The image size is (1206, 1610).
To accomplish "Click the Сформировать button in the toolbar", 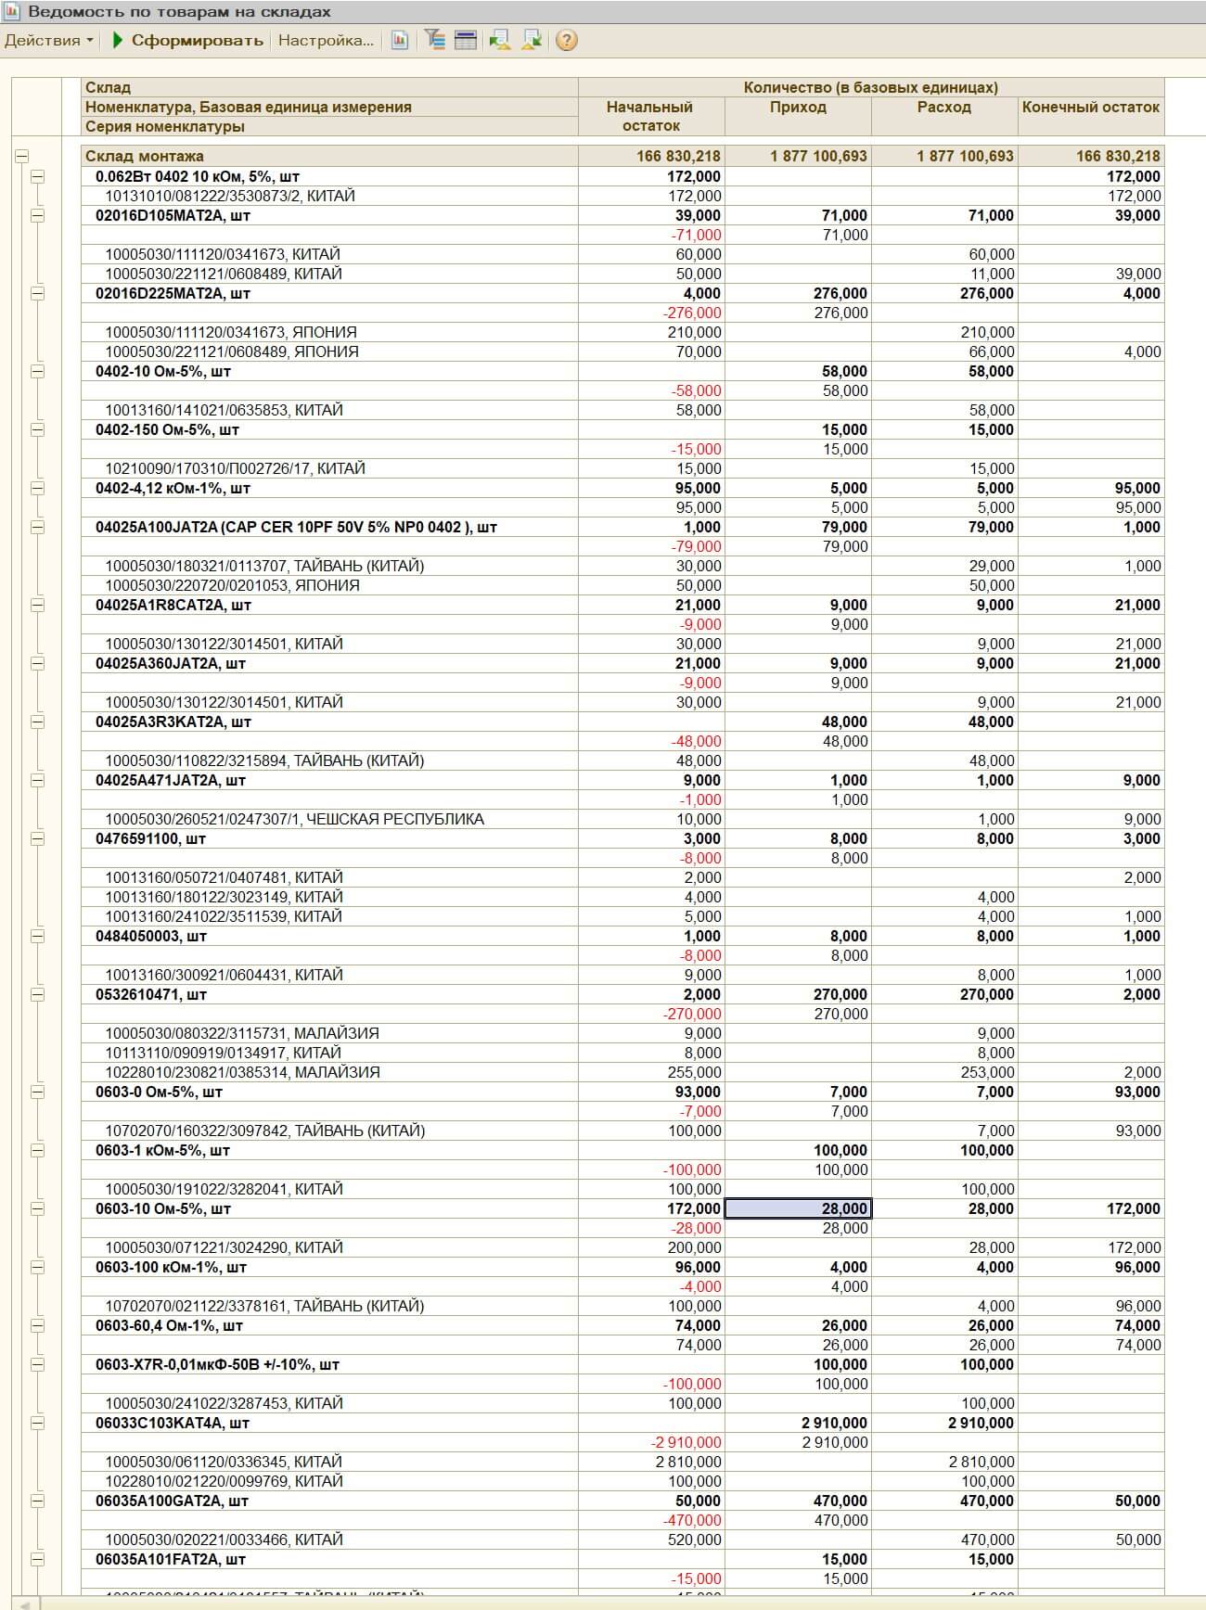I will coord(188,41).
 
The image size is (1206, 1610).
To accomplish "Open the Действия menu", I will coord(48,41).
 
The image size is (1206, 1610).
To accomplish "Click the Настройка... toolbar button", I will coord(326,41).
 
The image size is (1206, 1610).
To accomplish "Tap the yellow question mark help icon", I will coord(566,41).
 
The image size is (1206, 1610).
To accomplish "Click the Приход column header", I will coord(798,108).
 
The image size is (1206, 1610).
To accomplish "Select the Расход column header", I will coord(944,108).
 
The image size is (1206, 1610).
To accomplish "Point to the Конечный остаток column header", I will coord(1090,108).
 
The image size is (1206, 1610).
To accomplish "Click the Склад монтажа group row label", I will coord(145,157).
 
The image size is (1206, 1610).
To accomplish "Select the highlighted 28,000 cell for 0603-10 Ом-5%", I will coord(798,1209).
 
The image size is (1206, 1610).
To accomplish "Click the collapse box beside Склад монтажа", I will coord(22,157).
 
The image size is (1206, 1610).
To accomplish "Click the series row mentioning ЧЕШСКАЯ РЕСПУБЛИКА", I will coord(294,820).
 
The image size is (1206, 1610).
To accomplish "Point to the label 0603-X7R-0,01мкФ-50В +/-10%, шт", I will coord(217,1365).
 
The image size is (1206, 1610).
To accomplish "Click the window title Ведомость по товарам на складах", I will coord(179,12).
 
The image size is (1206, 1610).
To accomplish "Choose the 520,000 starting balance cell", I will coord(694,1540).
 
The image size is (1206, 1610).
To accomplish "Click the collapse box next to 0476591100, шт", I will coord(37,839).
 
